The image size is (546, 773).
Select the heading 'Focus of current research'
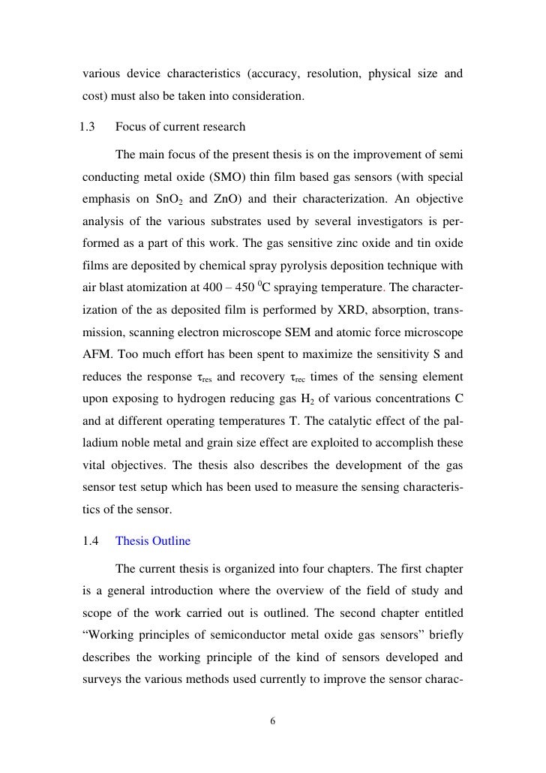[180, 127]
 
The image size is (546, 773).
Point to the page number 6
[272, 721]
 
